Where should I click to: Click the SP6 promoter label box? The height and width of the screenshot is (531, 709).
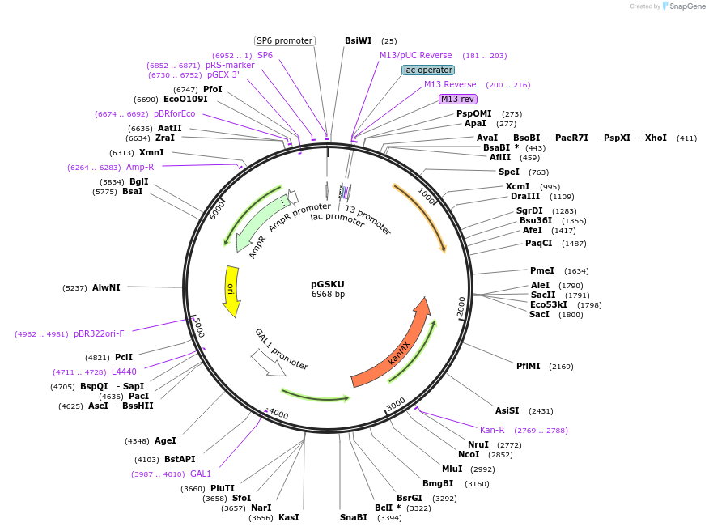click(x=284, y=40)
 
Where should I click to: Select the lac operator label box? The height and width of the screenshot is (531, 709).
click(x=428, y=70)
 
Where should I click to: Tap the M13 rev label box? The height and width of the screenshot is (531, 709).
click(x=457, y=99)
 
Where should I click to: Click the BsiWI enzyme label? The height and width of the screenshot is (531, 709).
click(x=358, y=40)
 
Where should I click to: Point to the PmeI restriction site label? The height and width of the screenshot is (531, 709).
click(x=542, y=270)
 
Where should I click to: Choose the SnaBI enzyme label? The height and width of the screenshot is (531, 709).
click(x=354, y=517)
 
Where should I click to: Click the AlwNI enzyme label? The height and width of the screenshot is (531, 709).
click(x=106, y=287)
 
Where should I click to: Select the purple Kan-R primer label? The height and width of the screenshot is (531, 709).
click(x=492, y=430)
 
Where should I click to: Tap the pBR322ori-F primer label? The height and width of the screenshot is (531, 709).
click(x=99, y=333)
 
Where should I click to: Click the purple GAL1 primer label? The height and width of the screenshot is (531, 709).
click(x=201, y=474)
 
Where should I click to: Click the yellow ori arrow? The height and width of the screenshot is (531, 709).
click(x=231, y=291)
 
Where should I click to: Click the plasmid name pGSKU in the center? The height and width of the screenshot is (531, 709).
click(x=328, y=284)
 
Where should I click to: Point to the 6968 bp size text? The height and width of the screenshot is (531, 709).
click(x=328, y=294)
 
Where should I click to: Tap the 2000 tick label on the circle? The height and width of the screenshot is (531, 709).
click(x=461, y=307)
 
